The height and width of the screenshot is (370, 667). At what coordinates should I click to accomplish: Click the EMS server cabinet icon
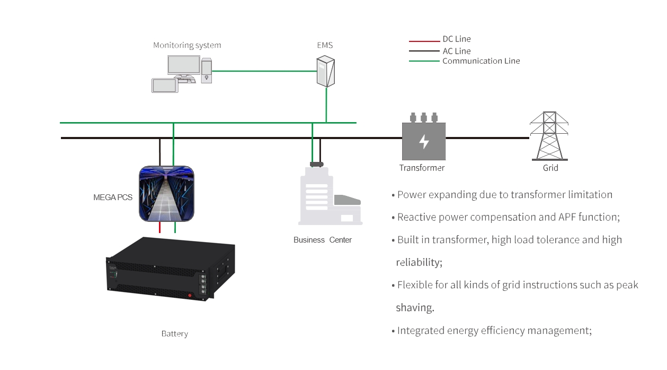point(326,72)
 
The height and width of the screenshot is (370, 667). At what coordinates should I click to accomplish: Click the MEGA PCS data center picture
point(166,194)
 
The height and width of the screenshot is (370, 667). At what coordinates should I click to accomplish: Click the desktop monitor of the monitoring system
point(184,66)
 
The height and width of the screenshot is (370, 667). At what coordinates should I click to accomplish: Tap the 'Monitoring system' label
point(187,46)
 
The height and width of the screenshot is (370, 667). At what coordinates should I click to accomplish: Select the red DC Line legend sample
point(424,41)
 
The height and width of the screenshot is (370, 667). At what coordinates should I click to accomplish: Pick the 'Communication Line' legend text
point(481,61)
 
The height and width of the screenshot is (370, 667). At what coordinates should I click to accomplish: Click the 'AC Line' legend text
point(457,51)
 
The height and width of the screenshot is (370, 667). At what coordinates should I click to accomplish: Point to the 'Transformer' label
point(422,168)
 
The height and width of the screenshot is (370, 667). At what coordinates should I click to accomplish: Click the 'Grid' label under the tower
point(550,168)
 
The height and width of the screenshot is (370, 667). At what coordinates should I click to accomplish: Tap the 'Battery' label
point(174,334)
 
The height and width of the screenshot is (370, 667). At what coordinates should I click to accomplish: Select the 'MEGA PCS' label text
point(113,197)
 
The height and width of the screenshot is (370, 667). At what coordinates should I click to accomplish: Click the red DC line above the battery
point(159,228)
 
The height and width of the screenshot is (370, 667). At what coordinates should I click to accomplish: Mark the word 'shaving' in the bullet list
point(414,308)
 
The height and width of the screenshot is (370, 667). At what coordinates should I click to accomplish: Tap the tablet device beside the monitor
point(165,85)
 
